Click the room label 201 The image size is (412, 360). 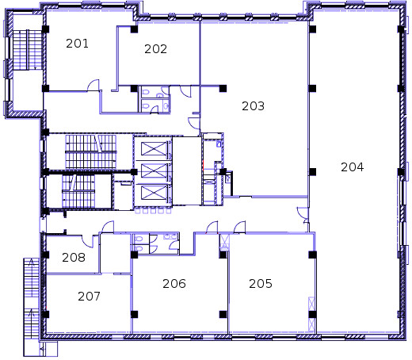pyautogui.click(x=77, y=44)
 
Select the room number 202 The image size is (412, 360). pyautogui.click(x=155, y=49)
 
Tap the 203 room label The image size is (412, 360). pyautogui.click(x=253, y=106)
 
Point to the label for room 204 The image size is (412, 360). pyautogui.click(x=352, y=167)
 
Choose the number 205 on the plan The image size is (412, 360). pyautogui.click(x=261, y=284)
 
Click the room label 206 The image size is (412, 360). pyautogui.click(x=174, y=284)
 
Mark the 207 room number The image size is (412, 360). pyautogui.click(x=89, y=297)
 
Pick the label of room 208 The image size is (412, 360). pyautogui.click(x=74, y=258)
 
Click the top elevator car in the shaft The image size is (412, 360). pyautogui.click(x=154, y=149)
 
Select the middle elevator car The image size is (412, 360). pyautogui.click(x=154, y=170)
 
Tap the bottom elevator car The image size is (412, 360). pyautogui.click(x=154, y=193)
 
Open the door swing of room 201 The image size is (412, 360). pyautogui.click(x=93, y=85)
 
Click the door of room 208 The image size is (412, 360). pyautogui.click(x=87, y=241)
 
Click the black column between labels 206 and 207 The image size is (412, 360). pyautogui.click(x=134, y=314)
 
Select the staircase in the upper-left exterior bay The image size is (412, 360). pyautogui.click(x=27, y=50)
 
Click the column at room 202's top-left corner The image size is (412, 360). pyautogui.click(x=134, y=29)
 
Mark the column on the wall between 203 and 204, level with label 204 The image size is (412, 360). pyautogui.click(x=312, y=172)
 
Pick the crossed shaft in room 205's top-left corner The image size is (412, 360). pyautogui.click(x=225, y=242)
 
